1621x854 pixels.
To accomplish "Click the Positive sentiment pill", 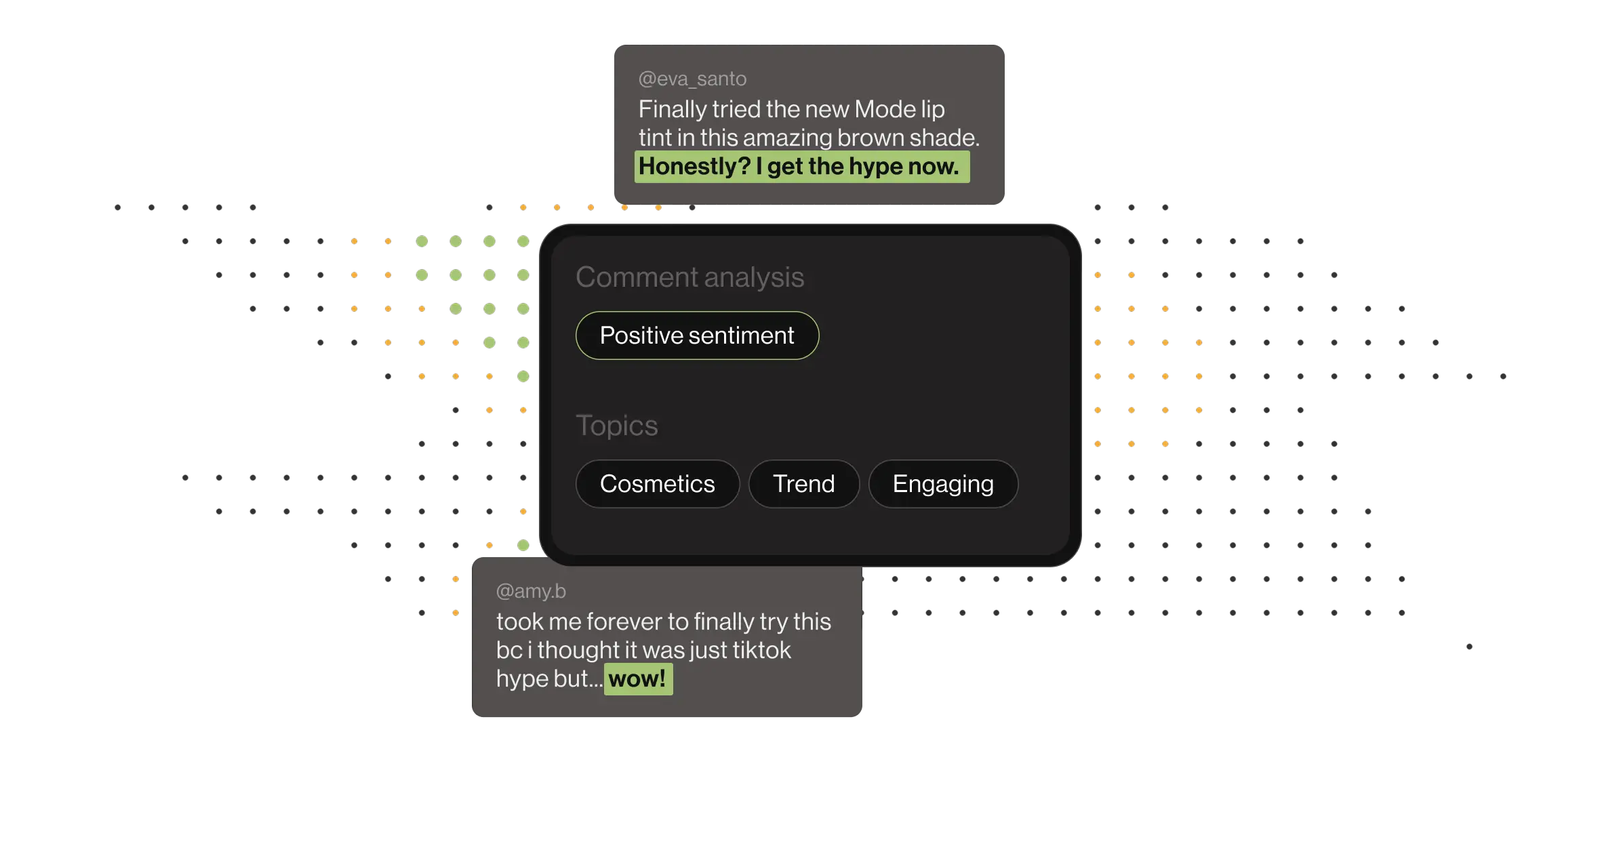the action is pos(697,335).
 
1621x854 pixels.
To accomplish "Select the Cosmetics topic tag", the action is pos(657,484).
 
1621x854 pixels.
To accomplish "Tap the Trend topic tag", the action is pos(803,484).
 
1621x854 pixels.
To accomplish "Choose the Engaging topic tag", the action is pos(943,484).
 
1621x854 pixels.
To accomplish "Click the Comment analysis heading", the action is pos(689,277).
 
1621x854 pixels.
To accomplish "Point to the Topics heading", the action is pos(616,426).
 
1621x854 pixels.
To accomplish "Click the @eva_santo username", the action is pos(692,79).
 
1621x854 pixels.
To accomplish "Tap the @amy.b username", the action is pos(531,591).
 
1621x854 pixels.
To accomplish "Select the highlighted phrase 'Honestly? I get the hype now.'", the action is pos(801,167).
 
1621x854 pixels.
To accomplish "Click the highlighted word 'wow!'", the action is pos(637,679).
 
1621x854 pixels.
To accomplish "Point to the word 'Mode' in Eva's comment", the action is pos(885,109).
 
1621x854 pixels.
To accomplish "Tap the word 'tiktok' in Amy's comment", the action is pos(761,650).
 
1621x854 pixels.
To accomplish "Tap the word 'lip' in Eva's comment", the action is pos(933,109).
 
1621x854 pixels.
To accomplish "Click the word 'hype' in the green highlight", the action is pos(876,167).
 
